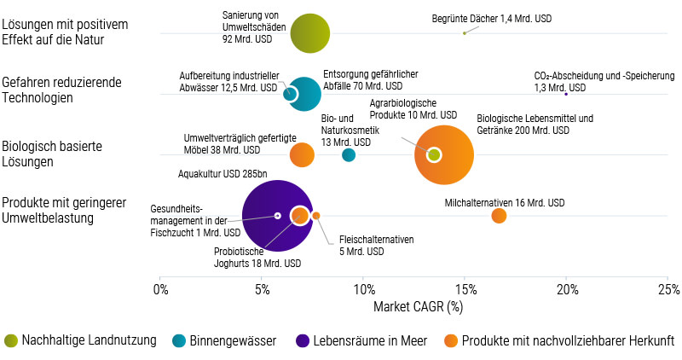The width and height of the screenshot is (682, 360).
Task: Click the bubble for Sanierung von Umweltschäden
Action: point(310,33)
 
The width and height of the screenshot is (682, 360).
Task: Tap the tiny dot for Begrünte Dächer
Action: point(464,33)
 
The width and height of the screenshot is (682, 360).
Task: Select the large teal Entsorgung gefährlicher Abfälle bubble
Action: point(304,94)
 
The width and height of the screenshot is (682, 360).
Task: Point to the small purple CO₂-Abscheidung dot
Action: point(566,94)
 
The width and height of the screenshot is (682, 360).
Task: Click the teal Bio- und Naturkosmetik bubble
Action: point(349,155)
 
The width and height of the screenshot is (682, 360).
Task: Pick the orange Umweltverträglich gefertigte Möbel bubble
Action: point(302,155)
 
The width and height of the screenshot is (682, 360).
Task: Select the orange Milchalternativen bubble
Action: point(500,216)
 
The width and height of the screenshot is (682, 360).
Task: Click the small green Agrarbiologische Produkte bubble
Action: point(434,154)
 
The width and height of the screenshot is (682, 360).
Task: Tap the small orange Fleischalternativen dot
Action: point(316,216)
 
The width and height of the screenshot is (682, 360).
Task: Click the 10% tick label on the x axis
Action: point(363,288)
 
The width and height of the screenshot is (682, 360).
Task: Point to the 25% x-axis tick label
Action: point(668,288)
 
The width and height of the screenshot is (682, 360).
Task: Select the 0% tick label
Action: point(160,288)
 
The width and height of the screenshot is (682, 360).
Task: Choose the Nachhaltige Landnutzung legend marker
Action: point(10,340)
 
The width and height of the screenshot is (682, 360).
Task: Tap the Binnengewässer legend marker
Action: point(178,340)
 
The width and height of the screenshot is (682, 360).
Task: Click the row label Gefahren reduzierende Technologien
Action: point(61,90)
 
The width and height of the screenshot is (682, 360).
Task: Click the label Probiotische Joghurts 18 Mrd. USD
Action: point(247,257)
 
